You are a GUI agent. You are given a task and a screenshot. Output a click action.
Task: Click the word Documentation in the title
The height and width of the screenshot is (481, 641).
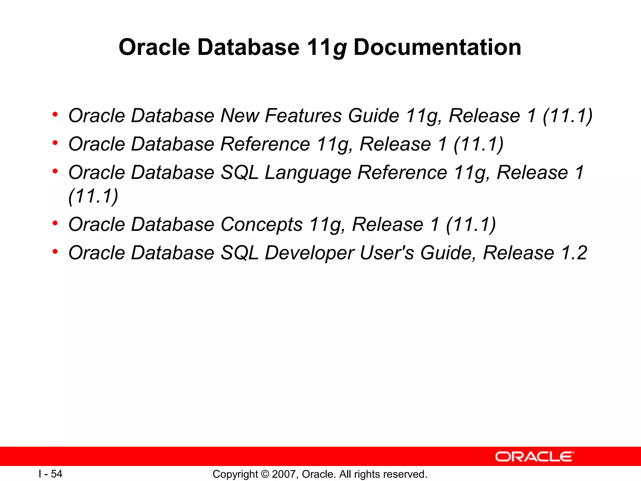(437, 47)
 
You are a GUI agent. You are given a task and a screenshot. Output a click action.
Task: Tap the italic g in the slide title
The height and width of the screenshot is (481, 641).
(340, 49)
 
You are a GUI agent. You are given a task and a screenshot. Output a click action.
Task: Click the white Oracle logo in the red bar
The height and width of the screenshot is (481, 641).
(534, 457)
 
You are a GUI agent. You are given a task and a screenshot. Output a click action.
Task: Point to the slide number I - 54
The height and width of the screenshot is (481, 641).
(50, 474)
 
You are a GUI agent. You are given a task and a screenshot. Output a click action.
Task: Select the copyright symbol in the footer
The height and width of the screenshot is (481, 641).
(265, 474)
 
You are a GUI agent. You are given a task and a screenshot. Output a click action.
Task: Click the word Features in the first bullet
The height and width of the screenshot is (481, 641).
(303, 116)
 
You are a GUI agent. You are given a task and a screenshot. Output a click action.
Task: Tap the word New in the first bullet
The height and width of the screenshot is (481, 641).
(239, 116)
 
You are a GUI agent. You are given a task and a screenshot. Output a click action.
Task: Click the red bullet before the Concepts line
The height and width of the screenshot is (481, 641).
(55, 223)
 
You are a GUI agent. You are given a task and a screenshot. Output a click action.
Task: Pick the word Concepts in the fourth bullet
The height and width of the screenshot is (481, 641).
(262, 225)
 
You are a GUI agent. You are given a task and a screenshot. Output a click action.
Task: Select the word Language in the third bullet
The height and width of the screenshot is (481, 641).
(308, 173)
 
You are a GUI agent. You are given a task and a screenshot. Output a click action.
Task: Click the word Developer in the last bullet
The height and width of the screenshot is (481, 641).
(309, 253)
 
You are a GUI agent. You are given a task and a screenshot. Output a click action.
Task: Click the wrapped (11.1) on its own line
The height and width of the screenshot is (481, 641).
(93, 196)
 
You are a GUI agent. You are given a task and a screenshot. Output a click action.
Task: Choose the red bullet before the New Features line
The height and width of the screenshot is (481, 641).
(55, 114)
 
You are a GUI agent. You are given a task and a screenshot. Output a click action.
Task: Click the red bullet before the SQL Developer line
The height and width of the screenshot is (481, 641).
(55, 251)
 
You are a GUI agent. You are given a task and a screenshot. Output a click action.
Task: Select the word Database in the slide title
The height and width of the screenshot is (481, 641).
(249, 47)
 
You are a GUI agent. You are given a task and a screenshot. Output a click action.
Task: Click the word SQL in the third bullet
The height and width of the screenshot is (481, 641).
(239, 173)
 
